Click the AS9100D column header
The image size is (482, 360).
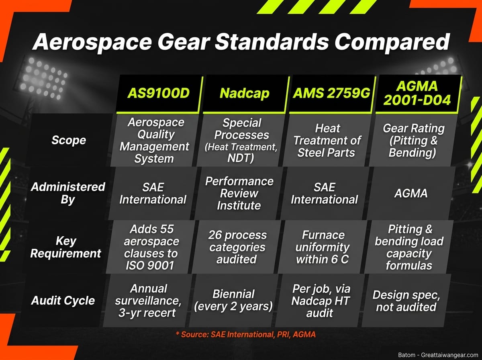click(158, 93)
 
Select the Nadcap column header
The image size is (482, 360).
click(244, 93)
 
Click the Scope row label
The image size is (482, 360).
click(68, 140)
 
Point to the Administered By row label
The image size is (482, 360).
click(68, 193)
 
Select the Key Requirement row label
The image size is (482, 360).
click(66, 247)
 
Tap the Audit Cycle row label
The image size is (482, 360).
click(63, 301)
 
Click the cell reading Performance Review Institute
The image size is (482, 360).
click(239, 193)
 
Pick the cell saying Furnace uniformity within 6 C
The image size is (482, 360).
click(323, 247)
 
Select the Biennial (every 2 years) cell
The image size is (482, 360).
click(233, 300)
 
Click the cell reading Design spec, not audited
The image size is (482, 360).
click(406, 301)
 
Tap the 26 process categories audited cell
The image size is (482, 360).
click(237, 247)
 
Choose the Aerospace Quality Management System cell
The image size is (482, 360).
click(154, 140)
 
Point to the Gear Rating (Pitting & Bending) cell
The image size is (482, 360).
click(413, 140)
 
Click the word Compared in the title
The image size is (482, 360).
click(386, 42)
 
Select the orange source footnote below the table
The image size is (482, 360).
click(245, 334)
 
